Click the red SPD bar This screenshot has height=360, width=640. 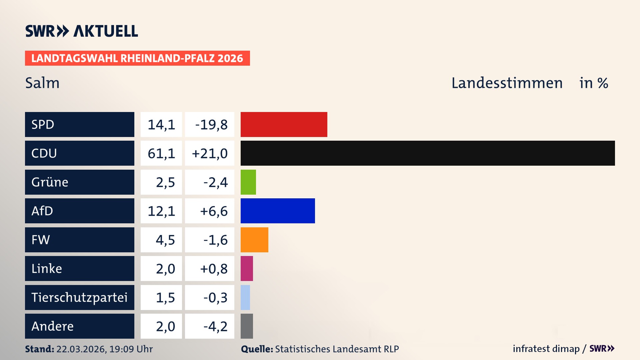(284, 124)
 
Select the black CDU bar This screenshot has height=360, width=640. (427, 153)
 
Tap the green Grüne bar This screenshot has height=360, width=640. (248, 182)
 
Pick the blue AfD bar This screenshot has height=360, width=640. (277, 211)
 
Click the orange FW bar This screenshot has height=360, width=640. (254, 240)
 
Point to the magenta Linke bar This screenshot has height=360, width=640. (247, 268)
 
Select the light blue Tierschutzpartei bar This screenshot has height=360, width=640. (245, 297)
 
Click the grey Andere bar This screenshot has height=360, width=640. (247, 326)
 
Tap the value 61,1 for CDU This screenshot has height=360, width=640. (161, 153)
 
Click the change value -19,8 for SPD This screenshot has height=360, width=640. (211, 125)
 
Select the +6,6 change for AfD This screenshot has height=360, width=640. (213, 211)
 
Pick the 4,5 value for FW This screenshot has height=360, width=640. (165, 240)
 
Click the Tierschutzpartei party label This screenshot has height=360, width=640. (79, 297)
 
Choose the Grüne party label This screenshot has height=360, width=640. (50, 182)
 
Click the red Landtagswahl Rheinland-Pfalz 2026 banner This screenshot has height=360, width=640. (137, 58)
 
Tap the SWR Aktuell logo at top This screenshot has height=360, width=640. (81, 31)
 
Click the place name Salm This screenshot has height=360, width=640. (42, 83)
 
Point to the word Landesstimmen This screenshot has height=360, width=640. (507, 83)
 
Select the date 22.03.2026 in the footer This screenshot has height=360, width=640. (81, 349)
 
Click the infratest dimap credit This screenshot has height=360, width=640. (546, 349)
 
